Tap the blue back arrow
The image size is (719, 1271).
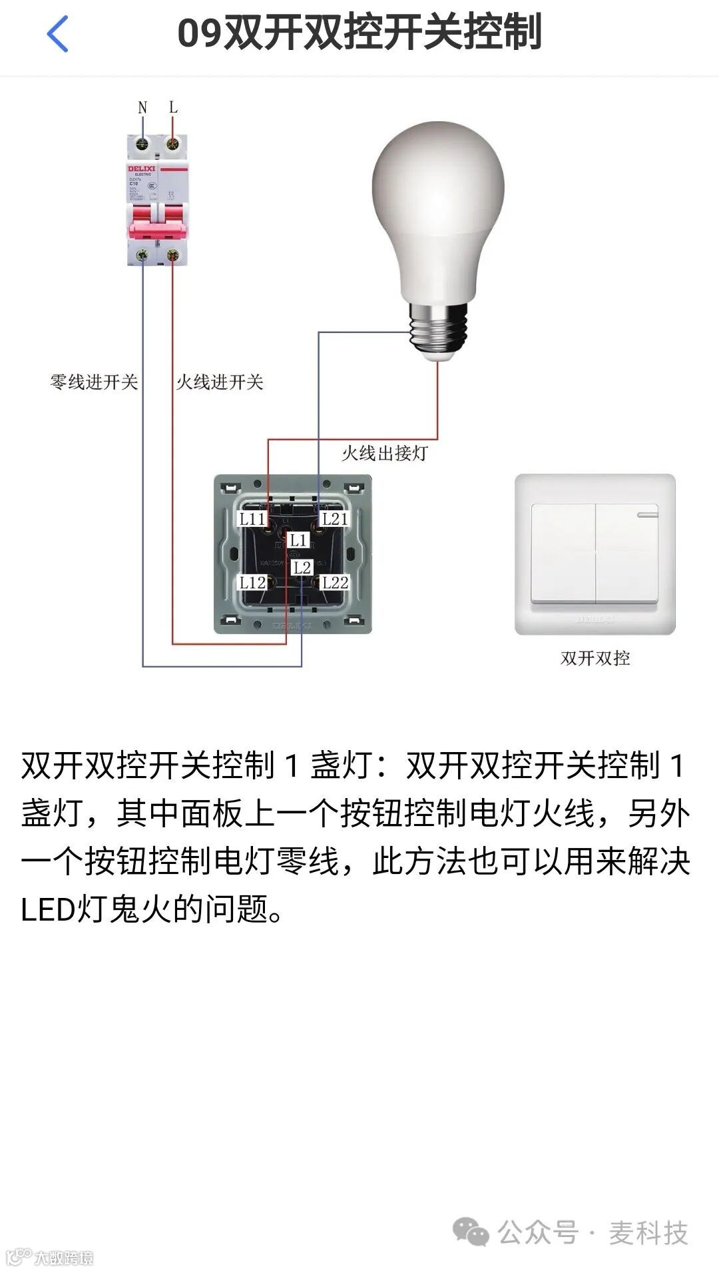coord(58,33)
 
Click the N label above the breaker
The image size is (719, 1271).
coord(142,107)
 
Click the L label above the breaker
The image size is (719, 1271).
coord(173,107)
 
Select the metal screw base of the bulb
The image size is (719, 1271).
coord(439,330)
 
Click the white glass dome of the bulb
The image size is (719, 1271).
coord(437,200)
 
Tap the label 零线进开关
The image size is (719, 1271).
coord(94,382)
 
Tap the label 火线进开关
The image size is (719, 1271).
coord(220,382)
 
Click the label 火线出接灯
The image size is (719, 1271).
coord(384,454)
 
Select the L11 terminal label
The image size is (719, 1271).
coord(253,519)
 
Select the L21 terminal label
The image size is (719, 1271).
coord(335,519)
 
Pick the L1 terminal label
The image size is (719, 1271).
coord(298,540)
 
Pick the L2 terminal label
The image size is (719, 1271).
coord(302,568)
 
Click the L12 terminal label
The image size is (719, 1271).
coord(253,583)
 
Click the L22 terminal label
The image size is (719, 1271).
coord(335,583)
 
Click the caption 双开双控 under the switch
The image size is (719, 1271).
coord(595,658)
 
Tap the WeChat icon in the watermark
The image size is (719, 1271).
coord(471,1233)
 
